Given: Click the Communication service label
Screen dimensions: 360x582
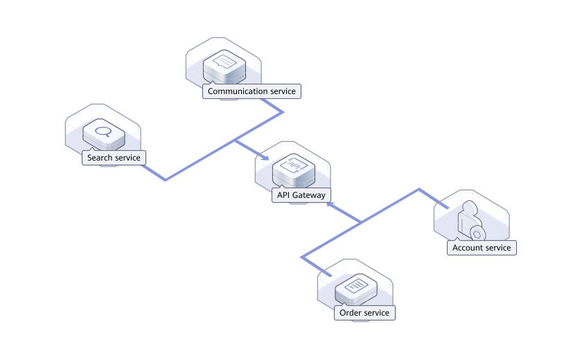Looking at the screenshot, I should point(252,91).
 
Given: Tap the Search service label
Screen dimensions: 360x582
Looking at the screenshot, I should point(114,158).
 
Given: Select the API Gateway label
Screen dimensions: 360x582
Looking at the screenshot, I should point(301,195).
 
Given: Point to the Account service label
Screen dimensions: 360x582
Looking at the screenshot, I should point(481,247).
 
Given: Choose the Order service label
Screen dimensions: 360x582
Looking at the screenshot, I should point(364,313).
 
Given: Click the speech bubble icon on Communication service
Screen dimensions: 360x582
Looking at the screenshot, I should point(222,63).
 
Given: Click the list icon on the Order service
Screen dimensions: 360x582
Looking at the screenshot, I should point(355,285).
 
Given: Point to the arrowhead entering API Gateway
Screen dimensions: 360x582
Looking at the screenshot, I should point(265,156).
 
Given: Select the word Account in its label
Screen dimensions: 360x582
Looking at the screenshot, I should point(468,247).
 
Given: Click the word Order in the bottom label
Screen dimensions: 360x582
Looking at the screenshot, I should point(351,313).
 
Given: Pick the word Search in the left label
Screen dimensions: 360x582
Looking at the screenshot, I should point(100,158).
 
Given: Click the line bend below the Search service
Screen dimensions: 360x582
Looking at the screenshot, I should point(165,181).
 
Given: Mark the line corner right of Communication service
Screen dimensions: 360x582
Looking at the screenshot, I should point(283,111).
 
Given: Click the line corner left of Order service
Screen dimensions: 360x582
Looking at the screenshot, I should point(301,258).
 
